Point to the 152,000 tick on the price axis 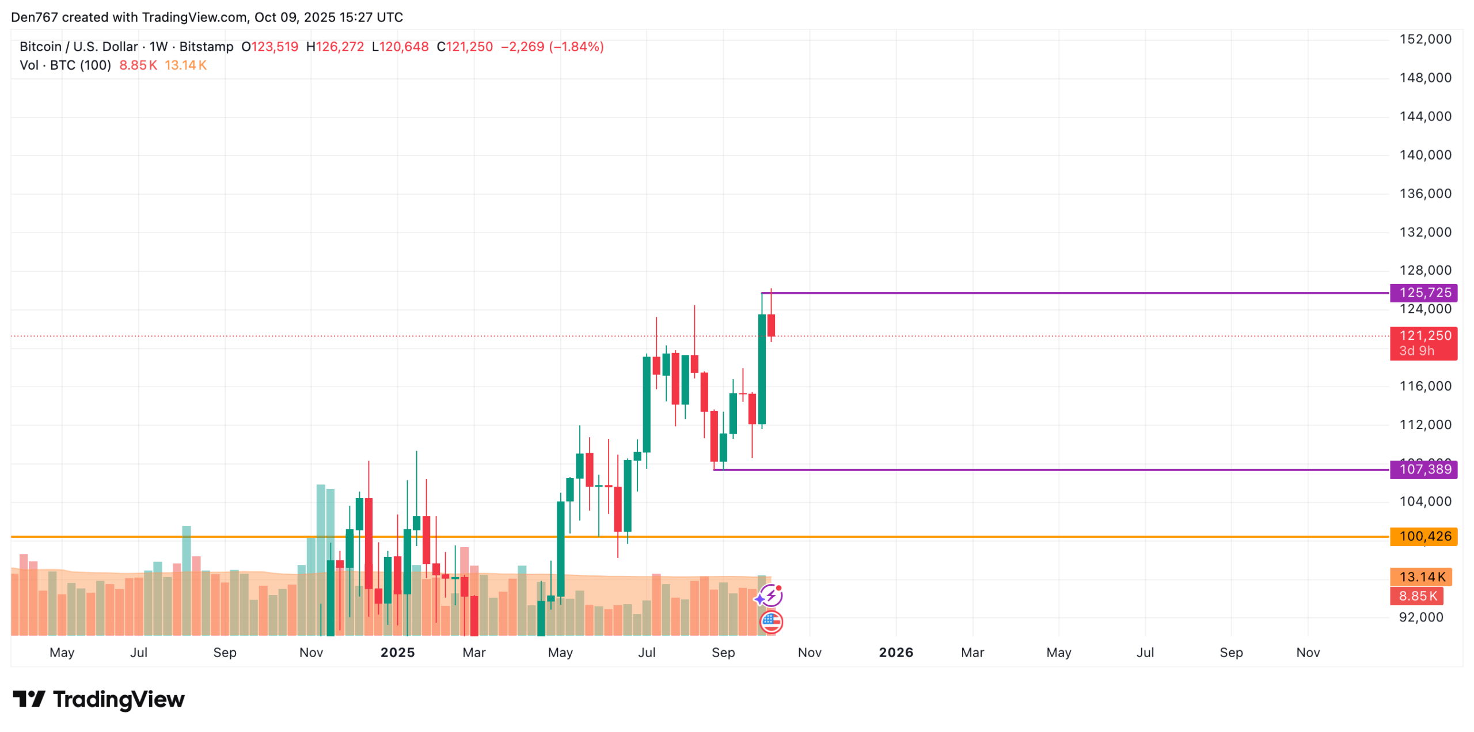pos(1424,39)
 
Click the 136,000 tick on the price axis pos(1424,194)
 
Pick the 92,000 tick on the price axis pos(1420,617)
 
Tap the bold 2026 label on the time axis pos(895,653)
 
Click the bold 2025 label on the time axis pos(397,653)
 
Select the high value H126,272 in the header pos(335,47)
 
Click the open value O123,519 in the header pos(269,47)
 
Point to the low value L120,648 pos(400,47)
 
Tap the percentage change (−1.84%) pos(576,47)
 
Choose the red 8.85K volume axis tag pos(1416,596)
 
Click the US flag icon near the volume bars pos(770,621)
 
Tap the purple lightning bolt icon pos(770,596)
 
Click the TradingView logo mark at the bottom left pos(29,699)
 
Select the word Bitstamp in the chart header pos(206,47)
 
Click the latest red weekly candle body pos(771,325)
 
